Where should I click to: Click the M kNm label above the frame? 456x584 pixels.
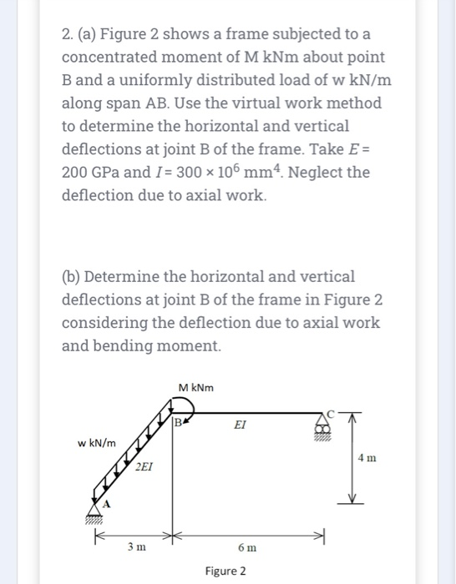[196, 387]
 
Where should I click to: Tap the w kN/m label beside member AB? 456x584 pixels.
[99, 441]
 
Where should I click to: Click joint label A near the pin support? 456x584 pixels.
[106, 503]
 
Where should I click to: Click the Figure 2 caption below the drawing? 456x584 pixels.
[225, 571]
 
